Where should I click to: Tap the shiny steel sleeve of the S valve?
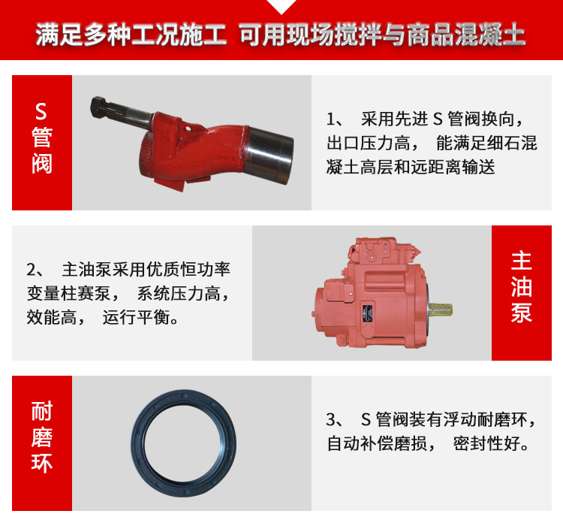pyautogui.click(x=270, y=155)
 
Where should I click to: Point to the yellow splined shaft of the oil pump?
pyautogui.click(x=440, y=310)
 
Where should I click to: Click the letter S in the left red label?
pyautogui.click(x=41, y=111)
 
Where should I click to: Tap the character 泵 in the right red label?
pyautogui.click(x=522, y=312)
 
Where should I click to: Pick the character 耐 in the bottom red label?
pyautogui.click(x=42, y=410)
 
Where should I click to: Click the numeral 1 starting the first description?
pyautogui.click(x=330, y=119)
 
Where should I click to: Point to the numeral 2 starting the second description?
pyautogui.click(x=31, y=269)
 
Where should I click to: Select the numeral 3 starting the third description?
pyautogui.click(x=331, y=419)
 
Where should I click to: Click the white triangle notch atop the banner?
pyautogui.click(x=281, y=6)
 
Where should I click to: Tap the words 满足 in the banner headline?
pyautogui.click(x=59, y=35)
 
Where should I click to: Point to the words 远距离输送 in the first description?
pyautogui.click(x=453, y=167)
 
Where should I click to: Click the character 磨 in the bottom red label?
pyautogui.click(x=42, y=437)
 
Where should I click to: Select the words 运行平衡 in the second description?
pyautogui.click(x=136, y=317)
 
